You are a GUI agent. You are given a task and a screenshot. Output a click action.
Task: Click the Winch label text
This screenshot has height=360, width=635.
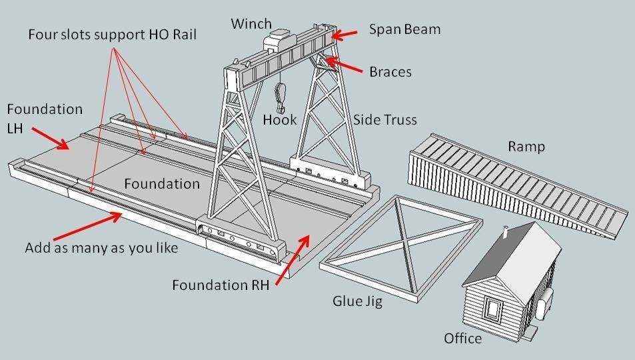pyautogui.click(x=251, y=24)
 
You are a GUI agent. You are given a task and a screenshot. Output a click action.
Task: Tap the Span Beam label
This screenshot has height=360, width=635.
pyautogui.click(x=404, y=30)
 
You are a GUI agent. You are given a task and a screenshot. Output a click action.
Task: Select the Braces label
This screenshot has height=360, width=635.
pyautogui.click(x=390, y=71)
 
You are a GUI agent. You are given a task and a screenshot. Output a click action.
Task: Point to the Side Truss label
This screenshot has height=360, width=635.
pyautogui.click(x=384, y=120)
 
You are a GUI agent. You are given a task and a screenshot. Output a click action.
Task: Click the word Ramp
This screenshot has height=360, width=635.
pyautogui.click(x=526, y=147)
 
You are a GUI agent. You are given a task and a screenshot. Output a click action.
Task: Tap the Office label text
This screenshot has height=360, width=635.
pyautogui.click(x=462, y=339)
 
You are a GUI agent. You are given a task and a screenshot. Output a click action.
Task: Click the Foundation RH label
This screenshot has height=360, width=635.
pyautogui.click(x=220, y=285)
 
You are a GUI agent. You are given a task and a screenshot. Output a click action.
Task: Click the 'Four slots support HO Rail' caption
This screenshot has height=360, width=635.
pyautogui.click(x=112, y=34)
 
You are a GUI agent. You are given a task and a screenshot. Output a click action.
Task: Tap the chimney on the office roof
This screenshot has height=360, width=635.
pyautogui.click(x=507, y=233)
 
